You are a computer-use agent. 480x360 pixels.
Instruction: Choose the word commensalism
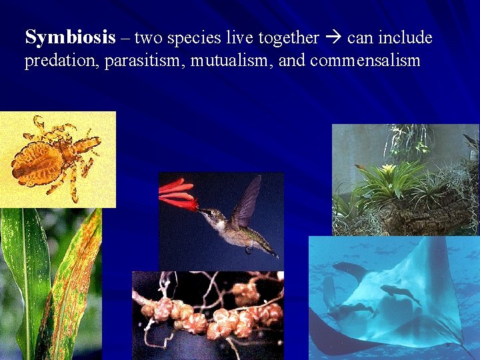(365, 61)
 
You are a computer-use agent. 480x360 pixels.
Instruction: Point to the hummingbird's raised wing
(247, 200)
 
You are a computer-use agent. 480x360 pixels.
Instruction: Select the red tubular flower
(177, 193)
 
